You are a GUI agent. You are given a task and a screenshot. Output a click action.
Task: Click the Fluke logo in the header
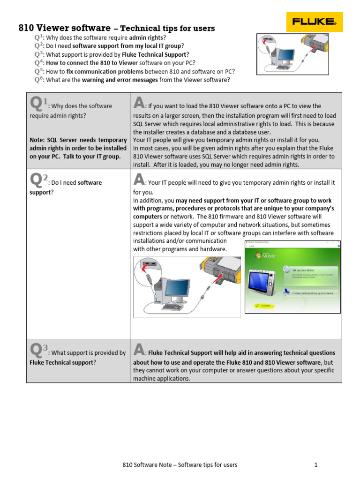pyautogui.click(x=314, y=21)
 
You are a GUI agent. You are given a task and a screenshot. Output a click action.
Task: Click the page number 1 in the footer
pyautogui.click(x=316, y=465)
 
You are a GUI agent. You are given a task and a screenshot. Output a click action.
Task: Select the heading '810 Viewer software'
pyautogui.click(x=65, y=28)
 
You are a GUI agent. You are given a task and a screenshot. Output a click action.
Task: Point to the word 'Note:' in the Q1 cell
pyautogui.click(x=38, y=140)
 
